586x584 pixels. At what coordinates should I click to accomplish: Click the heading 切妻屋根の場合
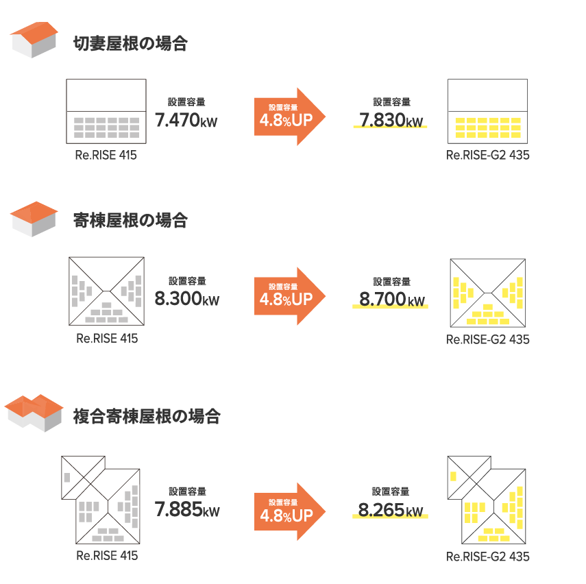pyautogui.click(x=130, y=45)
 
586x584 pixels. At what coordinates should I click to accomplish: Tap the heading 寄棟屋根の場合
pyautogui.click(x=130, y=221)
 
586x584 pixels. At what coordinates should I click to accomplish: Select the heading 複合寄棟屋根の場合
pyautogui.click(x=147, y=416)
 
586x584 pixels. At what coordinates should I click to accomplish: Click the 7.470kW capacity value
pyautogui.click(x=186, y=121)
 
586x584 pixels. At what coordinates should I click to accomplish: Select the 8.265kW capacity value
pyautogui.click(x=390, y=510)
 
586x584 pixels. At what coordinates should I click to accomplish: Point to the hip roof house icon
pyautogui.click(x=34, y=219)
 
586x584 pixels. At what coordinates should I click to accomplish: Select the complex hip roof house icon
pyautogui.click(x=34, y=413)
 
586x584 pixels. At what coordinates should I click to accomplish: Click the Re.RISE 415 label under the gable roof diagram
pyautogui.click(x=106, y=156)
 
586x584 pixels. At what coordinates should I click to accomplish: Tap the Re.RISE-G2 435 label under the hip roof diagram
pyautogui.click(x=487, y=340)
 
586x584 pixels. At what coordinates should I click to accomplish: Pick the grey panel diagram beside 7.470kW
pyautogui.click(x=106, y=127)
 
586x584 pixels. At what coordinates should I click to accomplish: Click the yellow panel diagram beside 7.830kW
pyautogui.click(x=488, y=128)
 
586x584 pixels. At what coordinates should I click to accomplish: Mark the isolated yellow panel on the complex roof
pyautogui.click(x=453, y=476)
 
